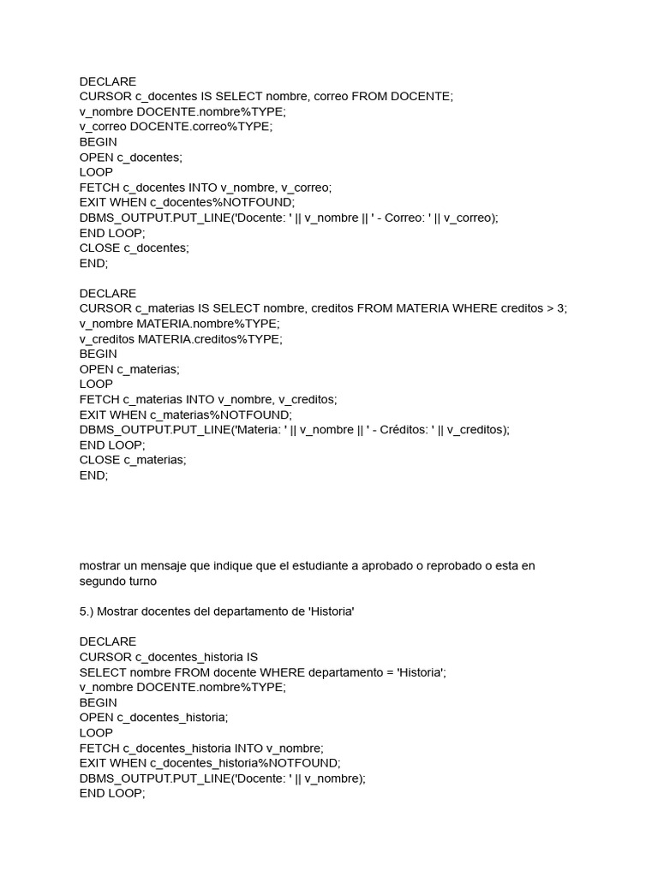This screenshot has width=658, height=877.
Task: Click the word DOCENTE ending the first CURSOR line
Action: [x=421, y=97]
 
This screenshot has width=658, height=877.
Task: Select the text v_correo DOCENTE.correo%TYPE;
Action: [x=176, y=127]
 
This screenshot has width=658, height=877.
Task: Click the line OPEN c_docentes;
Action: [x=131, y=158]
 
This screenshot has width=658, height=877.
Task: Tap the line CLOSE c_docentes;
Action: [x=134, y=248]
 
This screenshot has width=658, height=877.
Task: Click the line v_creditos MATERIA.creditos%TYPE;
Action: [x=180, y=338]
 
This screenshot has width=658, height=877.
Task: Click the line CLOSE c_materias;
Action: [x=133, y=460]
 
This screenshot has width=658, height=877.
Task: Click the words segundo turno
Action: [x=119, y=581]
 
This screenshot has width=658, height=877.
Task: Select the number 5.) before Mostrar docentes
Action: [x=87, y=612]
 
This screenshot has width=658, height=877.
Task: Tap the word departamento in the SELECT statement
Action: [x=296, y=672]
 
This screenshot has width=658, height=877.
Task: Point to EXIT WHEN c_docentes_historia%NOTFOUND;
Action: [x=210, y=763]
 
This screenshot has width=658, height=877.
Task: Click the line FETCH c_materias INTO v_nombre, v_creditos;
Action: [x=208, y=399]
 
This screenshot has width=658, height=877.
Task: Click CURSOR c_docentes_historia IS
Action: [x=168, y=657]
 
